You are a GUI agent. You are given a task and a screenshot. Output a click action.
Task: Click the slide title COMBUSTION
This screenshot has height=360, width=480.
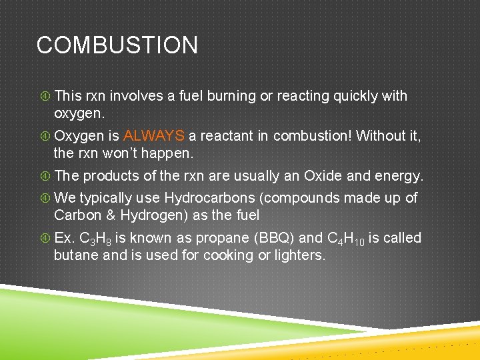(x=117, y=45)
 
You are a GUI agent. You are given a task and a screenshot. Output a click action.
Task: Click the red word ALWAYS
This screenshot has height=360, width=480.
(x=154, y=136)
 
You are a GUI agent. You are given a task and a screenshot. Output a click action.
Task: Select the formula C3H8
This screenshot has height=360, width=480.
(x=95, y=239)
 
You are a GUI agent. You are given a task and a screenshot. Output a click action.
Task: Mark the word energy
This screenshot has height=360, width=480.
(x=400, y=176)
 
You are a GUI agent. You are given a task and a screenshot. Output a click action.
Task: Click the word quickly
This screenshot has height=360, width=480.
(x=353, y=96)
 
